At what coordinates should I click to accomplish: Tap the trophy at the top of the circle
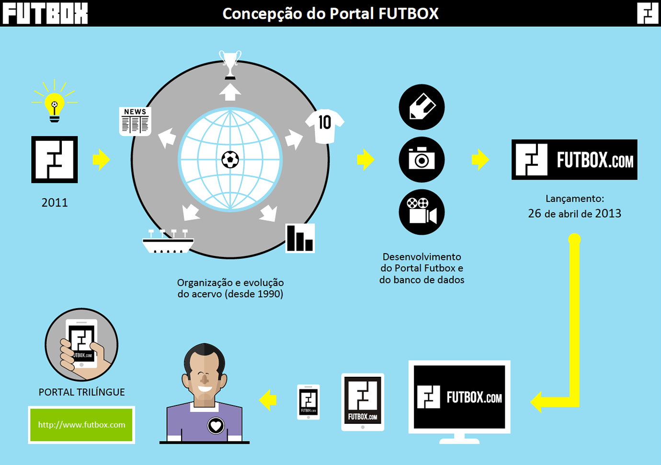click(x=230, y=64)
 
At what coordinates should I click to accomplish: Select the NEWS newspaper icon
click(x=135, y=121)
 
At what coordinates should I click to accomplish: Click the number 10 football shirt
click(x=325, y=126)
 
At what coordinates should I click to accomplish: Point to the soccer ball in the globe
click(x=230, y=160)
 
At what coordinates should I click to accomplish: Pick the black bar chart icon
click(x=300, y=238)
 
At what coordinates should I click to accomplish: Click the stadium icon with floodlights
click(x=168, y=242)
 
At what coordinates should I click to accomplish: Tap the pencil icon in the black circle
click(x=422, y=107)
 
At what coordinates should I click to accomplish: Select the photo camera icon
click(x=422, y=160)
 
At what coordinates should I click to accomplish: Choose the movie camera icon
click(x=422, y=212)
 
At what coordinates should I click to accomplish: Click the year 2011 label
click(x=55, y=203)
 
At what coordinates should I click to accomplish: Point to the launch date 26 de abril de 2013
click(x=574, y=214)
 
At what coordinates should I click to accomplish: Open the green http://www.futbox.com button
click(x=81, y=425)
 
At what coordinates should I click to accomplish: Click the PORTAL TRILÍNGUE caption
click(x=81, y=392)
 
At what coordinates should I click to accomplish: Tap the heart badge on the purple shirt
click(x=216, y=425)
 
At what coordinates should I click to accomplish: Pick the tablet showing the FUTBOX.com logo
click(x=363, y=402)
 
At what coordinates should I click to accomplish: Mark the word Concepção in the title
click(x=262, y=13)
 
